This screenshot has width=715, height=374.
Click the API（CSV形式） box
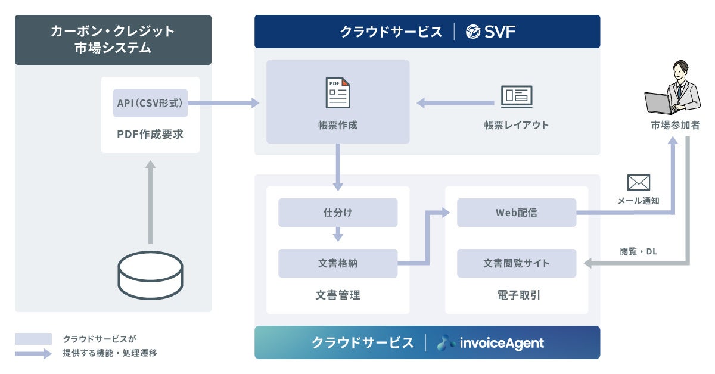tap(150, 103)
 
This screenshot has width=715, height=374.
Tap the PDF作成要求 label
tap(150, 135)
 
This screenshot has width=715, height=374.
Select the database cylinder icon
tap(150, 275)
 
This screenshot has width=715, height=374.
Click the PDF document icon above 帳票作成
tap(338, 93)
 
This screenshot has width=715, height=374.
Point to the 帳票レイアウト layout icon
tap(516, 96)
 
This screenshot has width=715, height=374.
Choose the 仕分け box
tap(338, 213)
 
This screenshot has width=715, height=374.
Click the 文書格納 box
tap(338, 263)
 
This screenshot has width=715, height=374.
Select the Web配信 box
tap(517, 213)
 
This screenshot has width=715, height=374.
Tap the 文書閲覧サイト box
tap(517, 263)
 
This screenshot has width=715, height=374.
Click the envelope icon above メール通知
tap(639, 183)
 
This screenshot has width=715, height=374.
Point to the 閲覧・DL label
tap(639, 251)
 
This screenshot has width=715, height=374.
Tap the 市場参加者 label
tap(675, 126)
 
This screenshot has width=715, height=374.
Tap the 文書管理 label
tap(338, 295)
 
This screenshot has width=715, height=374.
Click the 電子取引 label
tap(517, 295)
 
